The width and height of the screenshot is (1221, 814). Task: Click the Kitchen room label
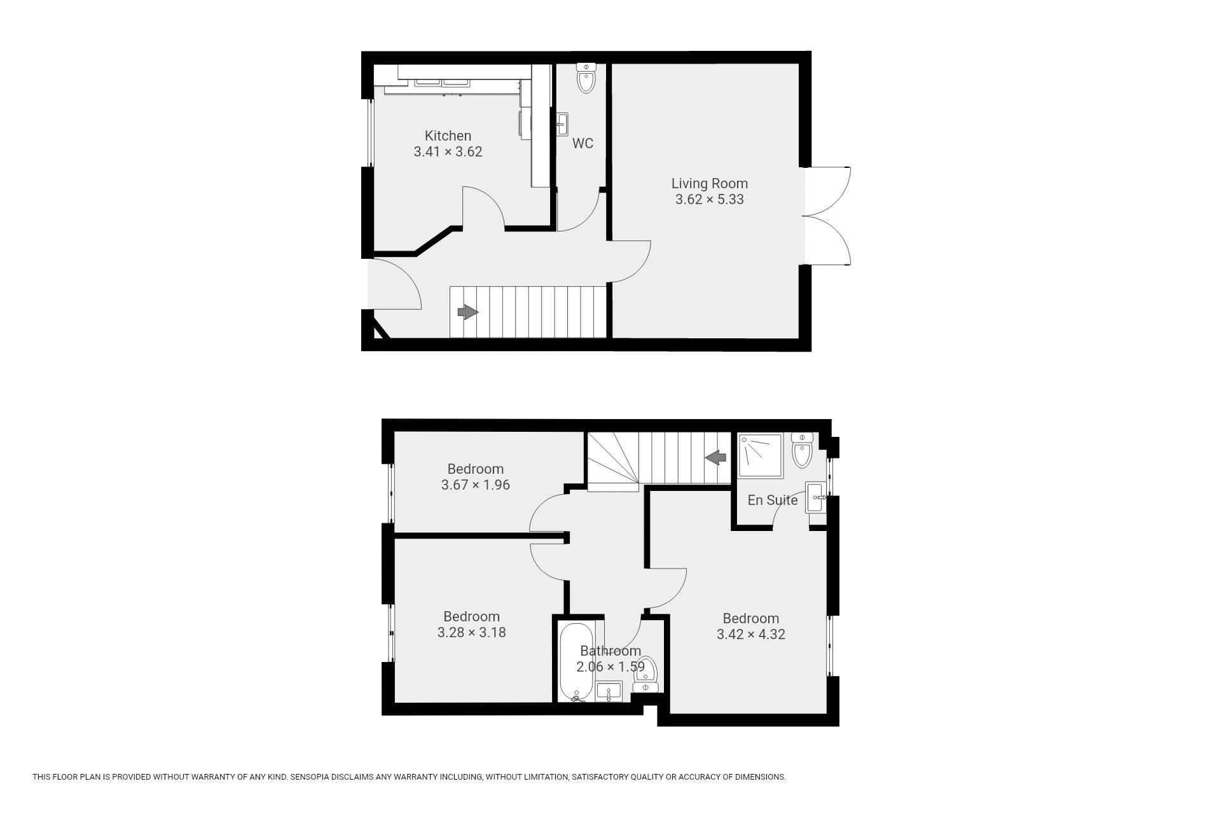448,135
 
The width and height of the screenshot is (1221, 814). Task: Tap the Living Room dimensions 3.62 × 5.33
709,199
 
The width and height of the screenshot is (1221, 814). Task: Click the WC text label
583,143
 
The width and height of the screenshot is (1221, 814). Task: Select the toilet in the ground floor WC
586,78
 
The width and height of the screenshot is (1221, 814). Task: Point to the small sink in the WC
562,124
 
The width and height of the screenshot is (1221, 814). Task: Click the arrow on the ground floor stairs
467,312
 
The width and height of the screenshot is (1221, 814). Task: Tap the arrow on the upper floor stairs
716,457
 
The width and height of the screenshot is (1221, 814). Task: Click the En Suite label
772,500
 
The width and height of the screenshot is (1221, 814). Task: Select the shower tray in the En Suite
760,455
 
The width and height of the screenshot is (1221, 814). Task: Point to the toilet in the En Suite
803,450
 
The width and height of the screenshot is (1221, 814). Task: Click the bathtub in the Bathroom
576,662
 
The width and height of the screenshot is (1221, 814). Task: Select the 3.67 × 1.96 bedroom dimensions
475,485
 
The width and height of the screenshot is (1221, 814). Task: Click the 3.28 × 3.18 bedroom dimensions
471,632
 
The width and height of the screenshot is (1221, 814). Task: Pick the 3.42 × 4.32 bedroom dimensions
750,634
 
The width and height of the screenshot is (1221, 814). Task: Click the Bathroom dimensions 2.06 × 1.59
610,666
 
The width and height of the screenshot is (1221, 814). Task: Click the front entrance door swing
395,284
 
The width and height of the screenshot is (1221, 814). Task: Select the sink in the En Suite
816,497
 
